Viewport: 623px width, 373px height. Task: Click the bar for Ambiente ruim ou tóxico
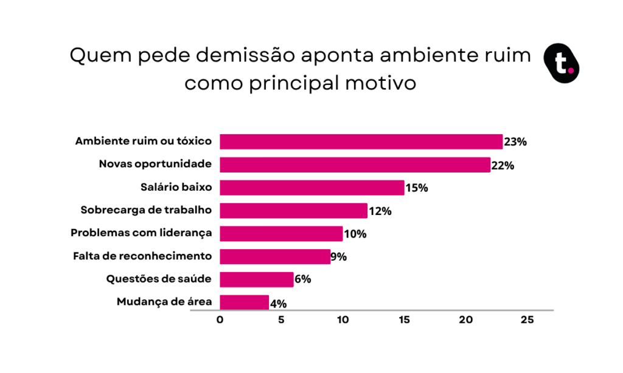[361, 142]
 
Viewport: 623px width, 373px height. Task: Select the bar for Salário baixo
[312, 188]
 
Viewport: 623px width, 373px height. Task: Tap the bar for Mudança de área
[245, 303]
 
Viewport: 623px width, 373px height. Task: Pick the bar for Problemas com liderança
[281, 234]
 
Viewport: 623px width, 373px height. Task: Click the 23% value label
[515, 142]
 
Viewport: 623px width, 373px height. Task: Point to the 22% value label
[503, 165]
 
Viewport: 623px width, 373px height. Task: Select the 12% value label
[380, 211]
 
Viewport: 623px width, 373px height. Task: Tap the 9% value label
[338, 257]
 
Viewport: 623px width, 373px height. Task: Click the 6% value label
[303, 279]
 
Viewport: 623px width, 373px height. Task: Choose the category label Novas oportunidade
[155, 164]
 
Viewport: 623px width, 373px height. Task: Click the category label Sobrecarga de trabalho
[146, 210]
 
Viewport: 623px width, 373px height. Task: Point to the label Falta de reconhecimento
[142, 256]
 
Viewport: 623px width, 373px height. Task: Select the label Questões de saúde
[159, 279]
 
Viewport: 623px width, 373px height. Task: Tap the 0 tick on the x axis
[220, 320]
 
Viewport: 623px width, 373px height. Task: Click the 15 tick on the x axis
[404, 320]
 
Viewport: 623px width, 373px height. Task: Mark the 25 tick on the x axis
[527, 320]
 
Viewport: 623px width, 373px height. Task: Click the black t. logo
[562, 63]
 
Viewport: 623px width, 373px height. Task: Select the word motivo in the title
[380, 83]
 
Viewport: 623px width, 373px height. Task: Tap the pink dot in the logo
[571, 70]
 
